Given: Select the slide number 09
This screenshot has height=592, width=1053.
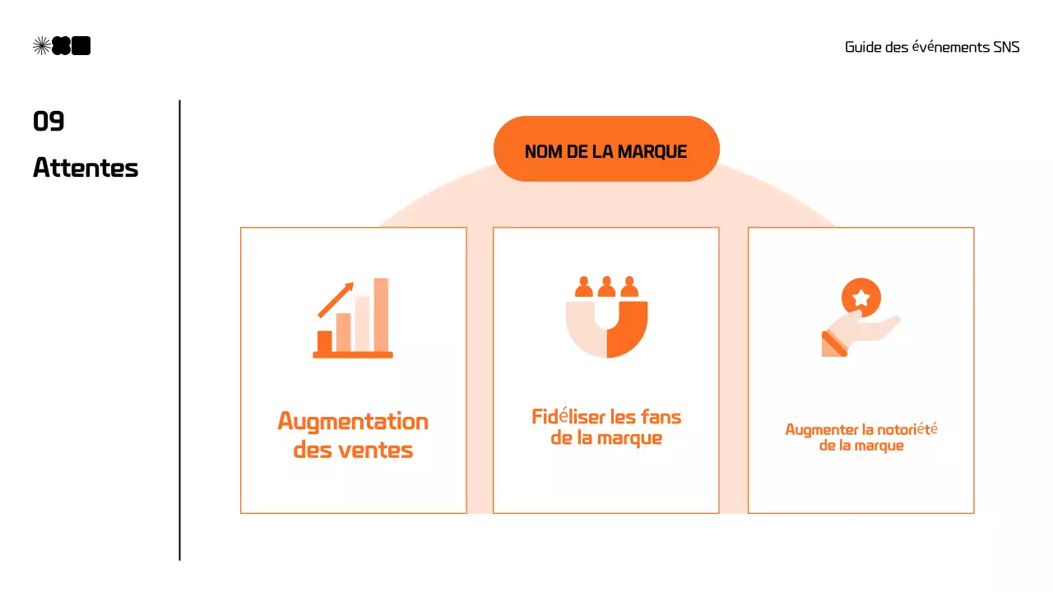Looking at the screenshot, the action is point(49,122).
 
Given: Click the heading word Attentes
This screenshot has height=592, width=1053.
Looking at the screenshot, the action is point(86,168).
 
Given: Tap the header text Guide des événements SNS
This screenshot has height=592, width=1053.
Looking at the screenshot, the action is point(931,47).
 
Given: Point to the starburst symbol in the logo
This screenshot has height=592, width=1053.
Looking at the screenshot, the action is point(41,46).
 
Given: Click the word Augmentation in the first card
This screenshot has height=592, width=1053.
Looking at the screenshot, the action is point(353,422).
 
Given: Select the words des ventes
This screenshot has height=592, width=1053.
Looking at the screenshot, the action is point(353,451).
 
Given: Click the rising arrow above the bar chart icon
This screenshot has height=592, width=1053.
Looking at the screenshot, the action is point(336,300).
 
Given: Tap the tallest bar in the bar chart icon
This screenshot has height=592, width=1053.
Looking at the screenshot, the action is point(381,315).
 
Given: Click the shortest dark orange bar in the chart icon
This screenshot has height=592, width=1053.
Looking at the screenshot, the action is point(325,341).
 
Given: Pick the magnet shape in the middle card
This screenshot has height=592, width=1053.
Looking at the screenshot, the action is point(606,328).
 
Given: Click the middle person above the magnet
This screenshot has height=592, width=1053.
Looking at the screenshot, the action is point(606,286).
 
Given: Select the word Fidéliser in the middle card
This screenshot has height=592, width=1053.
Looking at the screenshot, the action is point(565,417).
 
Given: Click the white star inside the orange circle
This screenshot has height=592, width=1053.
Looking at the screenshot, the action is point(861,298).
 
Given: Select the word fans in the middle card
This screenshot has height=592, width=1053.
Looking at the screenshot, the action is point(662,417).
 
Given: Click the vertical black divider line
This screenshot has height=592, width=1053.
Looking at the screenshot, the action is point(179,329).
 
